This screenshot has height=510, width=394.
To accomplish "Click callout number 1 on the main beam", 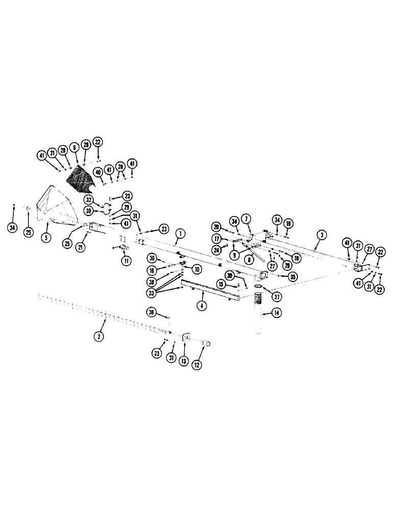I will click(179, 235).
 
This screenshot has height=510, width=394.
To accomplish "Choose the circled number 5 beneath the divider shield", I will click(46, 237).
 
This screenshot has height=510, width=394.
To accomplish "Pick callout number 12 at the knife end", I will click(197, 365).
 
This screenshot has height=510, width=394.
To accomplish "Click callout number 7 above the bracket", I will click(247, 218).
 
